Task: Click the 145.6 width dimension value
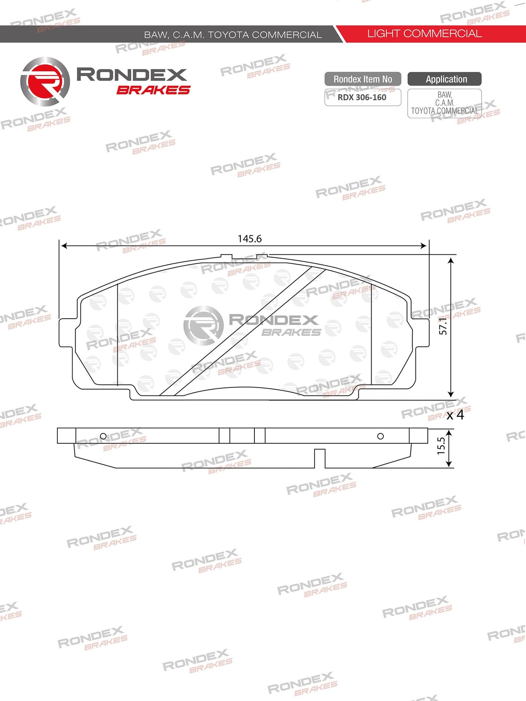point(250,239)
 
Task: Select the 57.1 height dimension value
point(443,326)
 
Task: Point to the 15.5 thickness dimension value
point(441,446)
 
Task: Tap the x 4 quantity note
point(455,415)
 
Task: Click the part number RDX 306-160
point(362,97)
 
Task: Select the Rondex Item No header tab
point(363,79)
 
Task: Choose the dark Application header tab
point(444,79)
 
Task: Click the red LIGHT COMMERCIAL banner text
point(424,34)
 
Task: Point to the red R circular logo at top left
point(45,81)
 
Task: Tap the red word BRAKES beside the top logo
point(153,90)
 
